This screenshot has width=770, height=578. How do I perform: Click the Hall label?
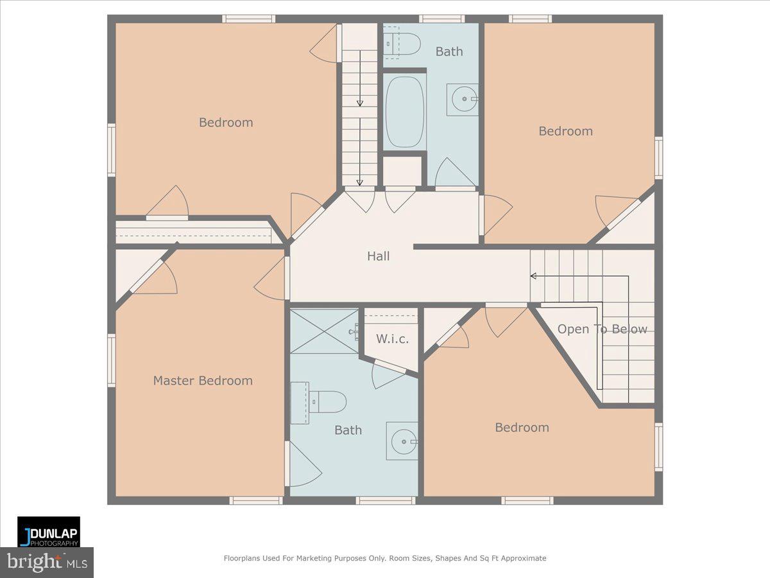click(x=378, y=256)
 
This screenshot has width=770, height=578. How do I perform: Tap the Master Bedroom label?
click(x=203, y=381)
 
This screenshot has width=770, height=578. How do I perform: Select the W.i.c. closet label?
click(x=392, y=339)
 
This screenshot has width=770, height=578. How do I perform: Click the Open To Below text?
click(x=602, y=329)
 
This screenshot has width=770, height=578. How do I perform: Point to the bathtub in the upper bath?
click(x=405, y=112)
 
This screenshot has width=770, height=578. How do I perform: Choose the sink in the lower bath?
click(x=402, y=441)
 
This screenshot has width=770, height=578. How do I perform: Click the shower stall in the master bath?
click(x=324, y=331)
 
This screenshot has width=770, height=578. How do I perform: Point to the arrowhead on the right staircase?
click(x=533, y=276)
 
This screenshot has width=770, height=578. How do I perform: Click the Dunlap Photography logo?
click(x=49, y=532)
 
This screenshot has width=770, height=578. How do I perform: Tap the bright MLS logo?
click(x=47, y=562)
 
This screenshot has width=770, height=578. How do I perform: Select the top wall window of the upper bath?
click(x=442, y=19)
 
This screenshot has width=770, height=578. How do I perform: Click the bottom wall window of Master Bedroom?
click(x=256, y=500)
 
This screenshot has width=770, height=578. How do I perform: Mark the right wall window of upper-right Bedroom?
click(x=658, y=157)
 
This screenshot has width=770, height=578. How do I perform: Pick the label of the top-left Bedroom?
click(x=226, y=123)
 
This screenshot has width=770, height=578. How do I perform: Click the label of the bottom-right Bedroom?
click(x=522, y=428)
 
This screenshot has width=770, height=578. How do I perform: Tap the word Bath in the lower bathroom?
click(x=348, y=430)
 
